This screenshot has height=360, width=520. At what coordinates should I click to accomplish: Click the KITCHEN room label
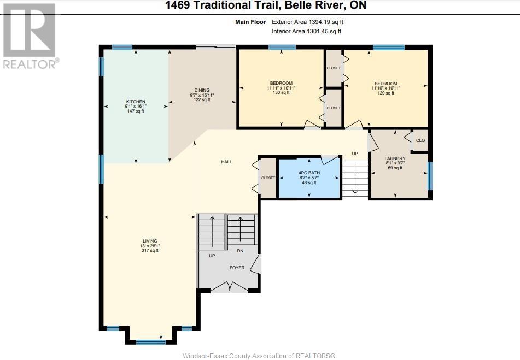click(136, 102)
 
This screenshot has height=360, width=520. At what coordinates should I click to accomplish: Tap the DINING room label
click(202, 90)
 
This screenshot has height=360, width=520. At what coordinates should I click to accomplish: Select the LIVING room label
click(150, 241)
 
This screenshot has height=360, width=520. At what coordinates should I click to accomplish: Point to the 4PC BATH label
click(309, 173)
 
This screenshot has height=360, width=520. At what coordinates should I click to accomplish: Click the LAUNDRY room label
click(395, 158)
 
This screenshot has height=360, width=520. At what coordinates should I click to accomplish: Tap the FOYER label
click(237, 268)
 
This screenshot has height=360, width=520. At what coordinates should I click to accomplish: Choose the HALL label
click(226, 162)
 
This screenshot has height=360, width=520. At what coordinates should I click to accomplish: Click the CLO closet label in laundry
click(420, 140)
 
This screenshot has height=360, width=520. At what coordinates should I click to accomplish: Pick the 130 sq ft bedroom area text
click(281, 93)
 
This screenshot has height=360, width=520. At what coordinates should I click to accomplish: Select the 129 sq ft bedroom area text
click(386, 93)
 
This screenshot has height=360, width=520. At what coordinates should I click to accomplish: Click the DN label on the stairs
click(240, 251)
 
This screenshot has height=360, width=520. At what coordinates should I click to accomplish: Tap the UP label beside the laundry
click(355, 154)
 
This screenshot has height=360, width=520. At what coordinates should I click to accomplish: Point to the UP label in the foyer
click(212, 256)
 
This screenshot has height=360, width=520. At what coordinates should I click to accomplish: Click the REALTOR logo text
click(31, 64)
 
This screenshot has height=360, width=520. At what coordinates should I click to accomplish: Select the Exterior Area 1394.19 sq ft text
click(307, 22)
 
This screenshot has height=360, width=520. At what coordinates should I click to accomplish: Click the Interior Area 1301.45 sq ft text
click(306, 32)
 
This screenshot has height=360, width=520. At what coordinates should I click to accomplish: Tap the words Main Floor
click(250, 22)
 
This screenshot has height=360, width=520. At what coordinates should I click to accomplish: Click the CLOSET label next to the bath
click(268, 178)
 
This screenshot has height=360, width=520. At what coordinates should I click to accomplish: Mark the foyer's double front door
click(230, 286)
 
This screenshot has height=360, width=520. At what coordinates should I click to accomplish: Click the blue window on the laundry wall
click(430, 176)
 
